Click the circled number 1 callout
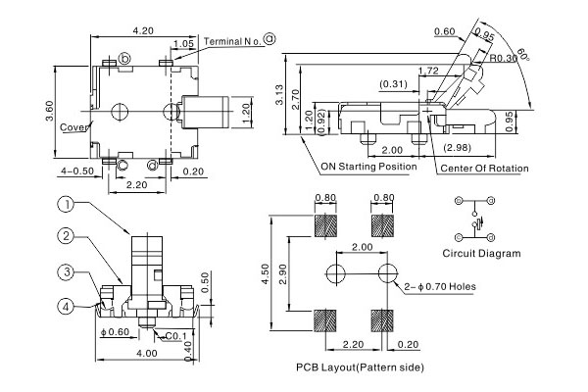tap(65, 205)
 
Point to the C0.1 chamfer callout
tap(176, 336)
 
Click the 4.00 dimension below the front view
tap(147, 353)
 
